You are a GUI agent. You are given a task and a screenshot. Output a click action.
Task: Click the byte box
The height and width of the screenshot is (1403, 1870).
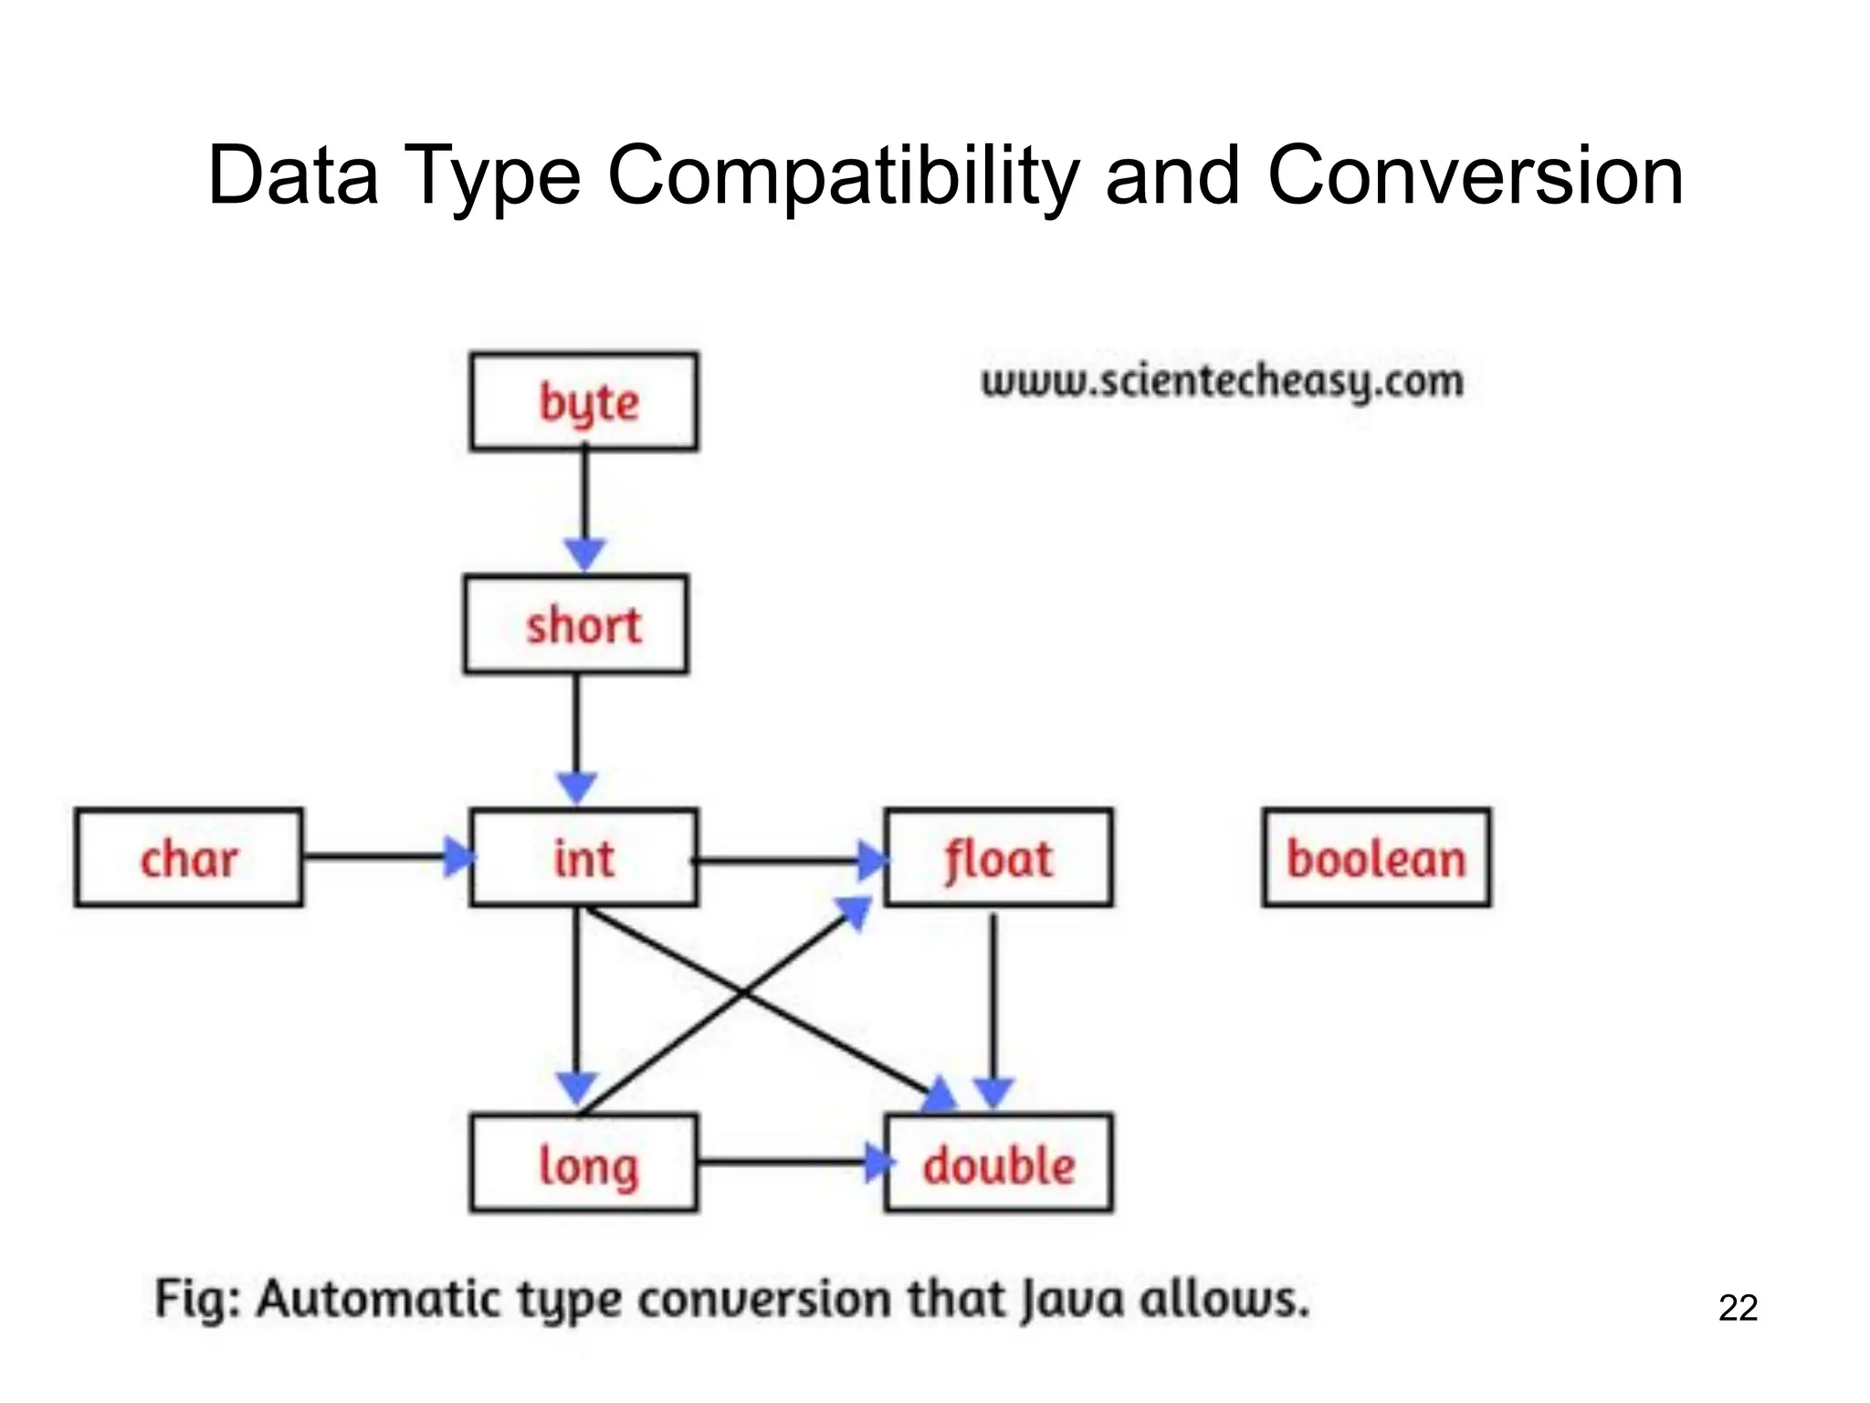(x=584, y=402)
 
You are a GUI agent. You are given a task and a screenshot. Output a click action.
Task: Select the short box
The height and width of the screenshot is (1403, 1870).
(x=576, y=625)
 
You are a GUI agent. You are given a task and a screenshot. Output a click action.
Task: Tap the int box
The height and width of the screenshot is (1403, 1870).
(x=584, y=858)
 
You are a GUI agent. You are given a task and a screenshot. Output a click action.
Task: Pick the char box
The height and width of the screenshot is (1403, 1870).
(x=189, y=858)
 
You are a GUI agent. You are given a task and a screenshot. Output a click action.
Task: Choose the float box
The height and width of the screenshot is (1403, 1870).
(x=999, y=858)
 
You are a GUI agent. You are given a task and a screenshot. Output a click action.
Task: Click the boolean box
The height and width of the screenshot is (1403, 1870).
(x=1377, y=858)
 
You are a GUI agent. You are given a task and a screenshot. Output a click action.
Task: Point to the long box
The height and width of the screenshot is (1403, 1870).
(x=584, y=1164)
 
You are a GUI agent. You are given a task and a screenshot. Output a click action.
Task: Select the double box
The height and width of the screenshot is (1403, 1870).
(x=999, y=1164)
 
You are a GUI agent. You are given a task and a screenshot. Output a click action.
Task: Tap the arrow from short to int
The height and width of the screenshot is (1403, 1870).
(x=576, y=731)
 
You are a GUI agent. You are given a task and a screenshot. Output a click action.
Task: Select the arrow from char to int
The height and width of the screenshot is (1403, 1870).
(x=383, y=857)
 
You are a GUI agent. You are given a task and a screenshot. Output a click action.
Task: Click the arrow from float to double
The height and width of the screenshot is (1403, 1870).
(x=993, y=1005)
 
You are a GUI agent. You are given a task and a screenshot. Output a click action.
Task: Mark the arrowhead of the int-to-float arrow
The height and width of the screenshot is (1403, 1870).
(x=873, y=860)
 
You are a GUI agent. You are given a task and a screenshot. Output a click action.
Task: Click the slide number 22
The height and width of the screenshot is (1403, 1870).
(x=1738, y=1308)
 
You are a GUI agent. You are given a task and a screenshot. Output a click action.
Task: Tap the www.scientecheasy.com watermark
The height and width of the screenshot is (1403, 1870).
(x=1222, y=381)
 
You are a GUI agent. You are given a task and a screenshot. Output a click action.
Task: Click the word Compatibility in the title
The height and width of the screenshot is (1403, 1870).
(x=843, y=175)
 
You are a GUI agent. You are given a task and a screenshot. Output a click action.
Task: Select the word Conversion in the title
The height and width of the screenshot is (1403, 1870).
(x=1475, y=175)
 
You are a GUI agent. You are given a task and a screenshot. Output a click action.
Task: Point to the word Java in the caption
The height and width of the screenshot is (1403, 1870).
(x=1071, y=1299)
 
